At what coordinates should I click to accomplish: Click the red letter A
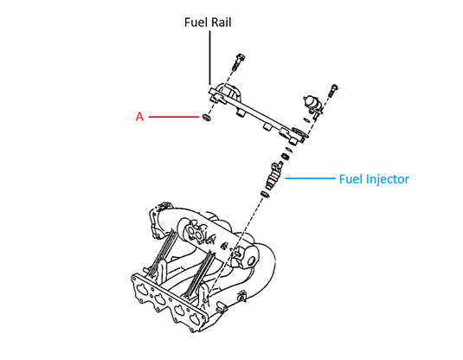139,117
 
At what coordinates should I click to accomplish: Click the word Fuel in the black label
195,22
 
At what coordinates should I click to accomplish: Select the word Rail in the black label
220,22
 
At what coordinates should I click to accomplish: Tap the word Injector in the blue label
387,179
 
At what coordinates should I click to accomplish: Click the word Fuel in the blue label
350,179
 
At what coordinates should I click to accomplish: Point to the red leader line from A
174,117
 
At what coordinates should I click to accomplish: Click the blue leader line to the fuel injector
311,178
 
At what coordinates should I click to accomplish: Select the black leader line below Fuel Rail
210,58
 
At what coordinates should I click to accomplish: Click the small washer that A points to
206,118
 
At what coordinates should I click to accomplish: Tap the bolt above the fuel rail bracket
238,61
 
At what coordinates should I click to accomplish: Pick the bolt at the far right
333,90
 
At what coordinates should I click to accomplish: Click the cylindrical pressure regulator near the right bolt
312,102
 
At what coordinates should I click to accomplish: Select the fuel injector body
273,176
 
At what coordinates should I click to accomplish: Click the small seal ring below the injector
265,195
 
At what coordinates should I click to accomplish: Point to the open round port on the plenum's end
251,261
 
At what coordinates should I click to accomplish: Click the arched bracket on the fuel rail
229,92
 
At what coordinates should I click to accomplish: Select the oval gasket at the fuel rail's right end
299,132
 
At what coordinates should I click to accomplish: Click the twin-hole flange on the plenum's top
196,232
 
